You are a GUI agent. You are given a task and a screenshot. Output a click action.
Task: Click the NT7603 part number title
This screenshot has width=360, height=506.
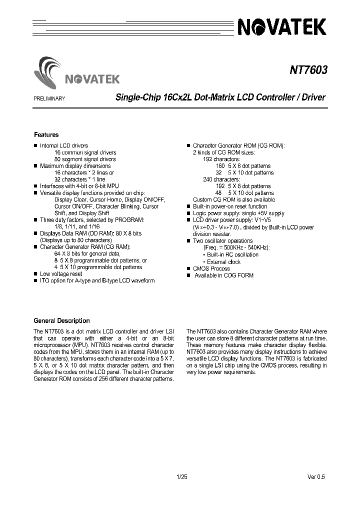307,70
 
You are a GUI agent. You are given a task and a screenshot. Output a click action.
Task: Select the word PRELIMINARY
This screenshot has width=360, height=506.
49,98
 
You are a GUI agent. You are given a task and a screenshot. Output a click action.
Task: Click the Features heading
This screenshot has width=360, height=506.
46,135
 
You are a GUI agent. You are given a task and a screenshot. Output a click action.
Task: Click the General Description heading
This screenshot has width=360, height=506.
61,321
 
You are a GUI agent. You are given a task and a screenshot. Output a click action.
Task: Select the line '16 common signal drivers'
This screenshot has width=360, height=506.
85,152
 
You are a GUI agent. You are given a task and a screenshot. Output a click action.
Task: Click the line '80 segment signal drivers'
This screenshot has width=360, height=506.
85,159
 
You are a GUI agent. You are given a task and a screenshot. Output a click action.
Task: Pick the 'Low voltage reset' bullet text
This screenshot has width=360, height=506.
61,274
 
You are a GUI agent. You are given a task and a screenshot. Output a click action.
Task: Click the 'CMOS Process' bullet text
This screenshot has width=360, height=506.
211,268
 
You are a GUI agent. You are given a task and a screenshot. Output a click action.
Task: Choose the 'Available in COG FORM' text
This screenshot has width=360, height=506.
223,275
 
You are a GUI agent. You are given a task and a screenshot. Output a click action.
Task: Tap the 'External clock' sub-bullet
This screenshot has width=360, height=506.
224,261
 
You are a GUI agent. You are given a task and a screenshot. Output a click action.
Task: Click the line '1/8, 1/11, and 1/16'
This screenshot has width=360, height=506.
77,226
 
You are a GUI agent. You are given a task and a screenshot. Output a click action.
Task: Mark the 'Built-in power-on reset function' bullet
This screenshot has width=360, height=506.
230,206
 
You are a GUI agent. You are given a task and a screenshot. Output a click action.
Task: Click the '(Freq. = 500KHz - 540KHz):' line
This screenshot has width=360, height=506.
236,247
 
